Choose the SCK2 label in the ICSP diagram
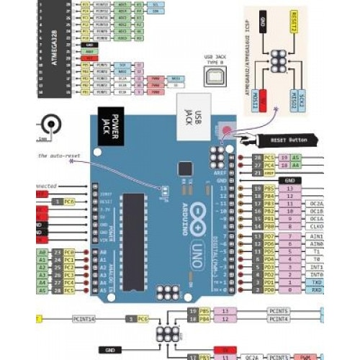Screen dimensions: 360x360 click(x=310, y=96)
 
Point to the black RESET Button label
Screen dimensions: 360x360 click(x=287, y=139)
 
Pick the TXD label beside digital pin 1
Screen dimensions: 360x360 click(x=316, y=283)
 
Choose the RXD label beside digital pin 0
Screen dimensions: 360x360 click(x=316, y=291)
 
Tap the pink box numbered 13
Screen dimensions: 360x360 click(x=289, y=188)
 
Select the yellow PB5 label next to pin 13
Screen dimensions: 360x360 click(x=268, y=188)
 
